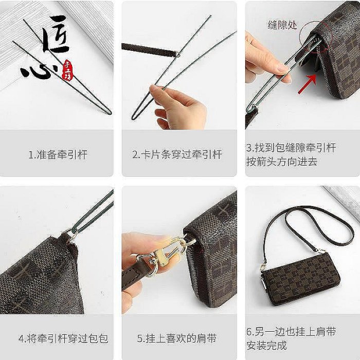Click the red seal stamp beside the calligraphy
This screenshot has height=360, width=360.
click(68, 70)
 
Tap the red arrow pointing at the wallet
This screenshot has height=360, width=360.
click(308, 84)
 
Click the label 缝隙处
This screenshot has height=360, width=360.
click(282, 25)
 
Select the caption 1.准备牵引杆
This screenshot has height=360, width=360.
click(58, 154)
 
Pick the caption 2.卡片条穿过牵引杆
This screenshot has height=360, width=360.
click(177, 154)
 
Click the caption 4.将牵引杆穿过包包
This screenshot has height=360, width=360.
click(63, 338)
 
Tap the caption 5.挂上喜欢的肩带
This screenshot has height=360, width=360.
click(177, 338)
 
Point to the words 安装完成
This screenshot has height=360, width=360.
click(266, 345)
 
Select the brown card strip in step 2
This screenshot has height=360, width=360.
click(149, 50)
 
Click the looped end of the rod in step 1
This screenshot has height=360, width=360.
click(108, 112)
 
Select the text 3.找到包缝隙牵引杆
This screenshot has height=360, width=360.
click(291, 148)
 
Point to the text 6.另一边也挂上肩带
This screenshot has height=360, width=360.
click(291, 332)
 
